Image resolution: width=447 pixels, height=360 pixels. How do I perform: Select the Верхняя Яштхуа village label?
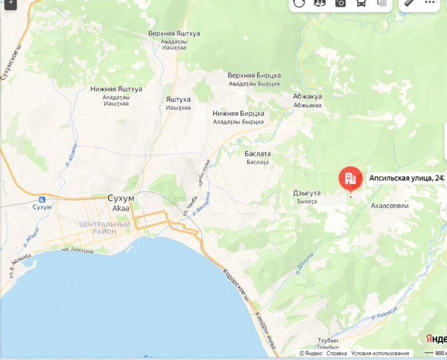[x=174, y=33]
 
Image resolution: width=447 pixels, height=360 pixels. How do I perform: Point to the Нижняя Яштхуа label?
[x=116, y=89]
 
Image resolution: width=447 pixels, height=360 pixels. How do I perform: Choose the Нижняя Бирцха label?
[x=238, y=113]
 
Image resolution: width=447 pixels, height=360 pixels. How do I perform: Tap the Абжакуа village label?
[x=307, y=97]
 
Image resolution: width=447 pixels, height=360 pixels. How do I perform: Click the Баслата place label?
[x=258, y=154]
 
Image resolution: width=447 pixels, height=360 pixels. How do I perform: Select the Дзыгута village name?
[x=306, y=193]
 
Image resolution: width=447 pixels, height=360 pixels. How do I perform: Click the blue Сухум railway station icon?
[x=42, y=199]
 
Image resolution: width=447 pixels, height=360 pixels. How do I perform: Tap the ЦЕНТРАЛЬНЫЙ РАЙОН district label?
[x=105, y=229]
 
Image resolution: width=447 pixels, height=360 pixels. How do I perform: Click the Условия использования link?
[x=380, y=353]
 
